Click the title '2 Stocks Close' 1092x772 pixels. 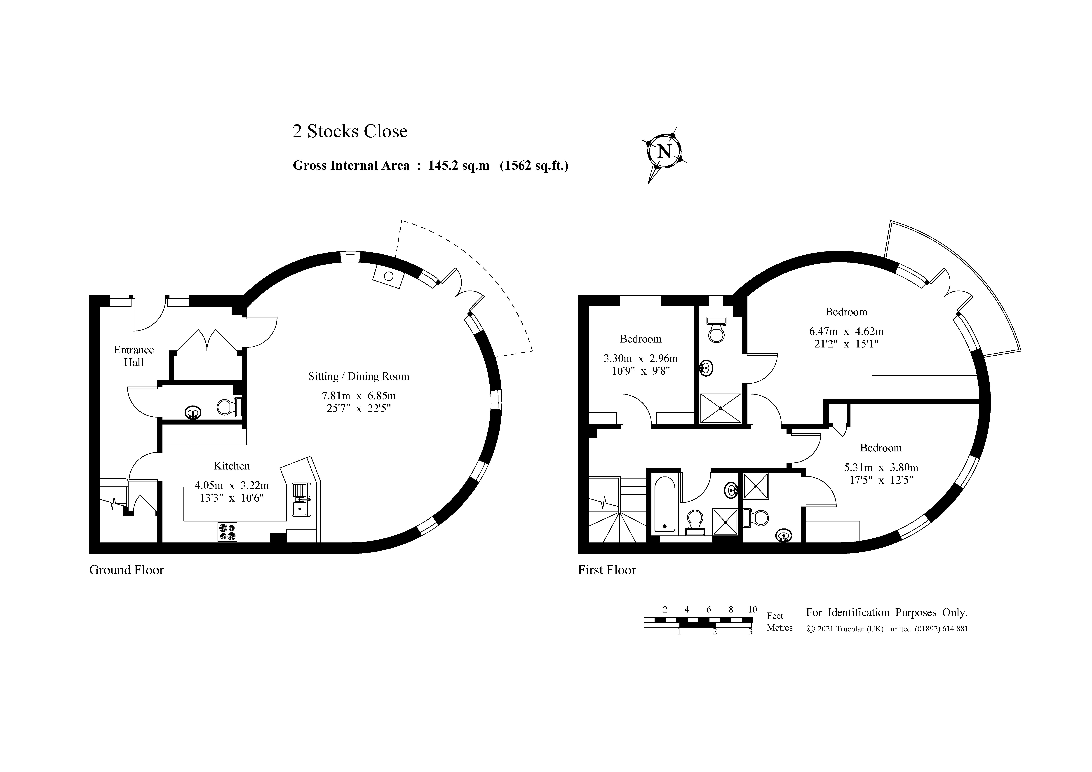click(x=350, y=131)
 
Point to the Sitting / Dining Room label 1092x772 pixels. click(x=359, y=376)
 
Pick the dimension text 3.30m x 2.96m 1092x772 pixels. click(x=641, y=358)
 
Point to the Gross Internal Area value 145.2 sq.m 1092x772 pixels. click(x=458, y=166)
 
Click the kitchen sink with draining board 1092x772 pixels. click(x=301, y=500)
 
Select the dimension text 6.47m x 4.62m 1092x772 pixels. click(x=846, y=331)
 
